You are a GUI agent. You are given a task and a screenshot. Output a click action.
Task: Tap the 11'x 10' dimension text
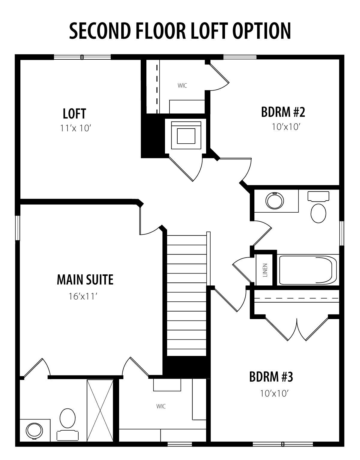tap(76, 128)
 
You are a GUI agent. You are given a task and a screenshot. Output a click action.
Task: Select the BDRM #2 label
tap(283, 112)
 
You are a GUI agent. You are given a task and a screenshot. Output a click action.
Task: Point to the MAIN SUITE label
tap(85, 280)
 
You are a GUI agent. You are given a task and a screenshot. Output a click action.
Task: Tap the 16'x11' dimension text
tap(82, 296)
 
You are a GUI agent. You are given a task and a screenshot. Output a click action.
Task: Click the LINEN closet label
tap(265, 270)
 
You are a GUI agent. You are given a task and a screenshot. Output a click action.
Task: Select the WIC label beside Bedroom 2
tap(182, 85)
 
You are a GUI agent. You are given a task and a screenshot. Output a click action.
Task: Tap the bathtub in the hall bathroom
tap(308, 270)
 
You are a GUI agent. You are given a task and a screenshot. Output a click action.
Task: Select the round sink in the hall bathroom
tap(275, 201)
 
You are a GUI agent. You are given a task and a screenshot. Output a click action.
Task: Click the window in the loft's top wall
tap(82, 57)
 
